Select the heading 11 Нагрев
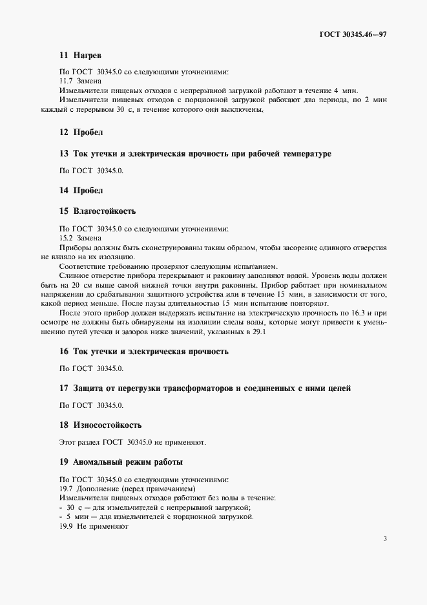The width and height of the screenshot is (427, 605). [x=80, y=56]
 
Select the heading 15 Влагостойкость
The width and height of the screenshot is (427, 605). [x=97, y=211]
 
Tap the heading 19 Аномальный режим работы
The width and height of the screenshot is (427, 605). [x=121, y=462]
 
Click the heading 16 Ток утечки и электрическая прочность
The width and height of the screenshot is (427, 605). [x=143, y=352]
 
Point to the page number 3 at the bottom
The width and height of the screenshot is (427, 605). [x=384, y=539]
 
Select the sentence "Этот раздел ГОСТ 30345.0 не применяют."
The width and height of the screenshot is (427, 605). [x=132, y=443]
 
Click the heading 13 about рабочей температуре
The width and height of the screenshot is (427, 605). [x=194, y=153]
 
